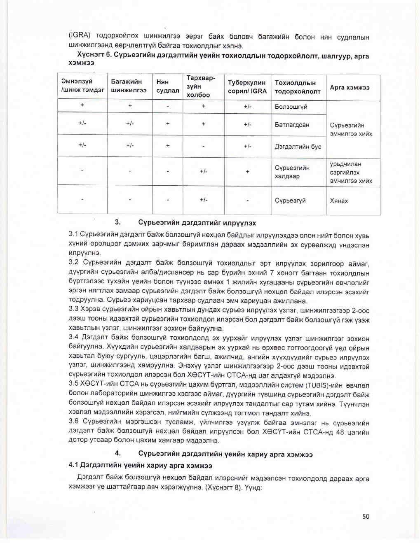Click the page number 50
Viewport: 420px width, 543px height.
pos(366,516)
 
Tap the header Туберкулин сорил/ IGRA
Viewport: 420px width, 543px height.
pos(247,87)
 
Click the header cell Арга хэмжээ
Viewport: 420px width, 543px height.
pos(350,87)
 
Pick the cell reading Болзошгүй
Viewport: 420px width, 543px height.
pos(291,107)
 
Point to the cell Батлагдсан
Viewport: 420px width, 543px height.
pos(292,124)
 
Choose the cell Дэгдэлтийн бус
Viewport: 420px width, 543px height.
pos(298,147)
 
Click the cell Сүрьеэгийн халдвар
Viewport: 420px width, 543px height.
pos(292,172)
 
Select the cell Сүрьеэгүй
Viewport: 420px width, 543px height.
pos(290,200)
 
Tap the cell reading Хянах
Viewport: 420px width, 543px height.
pos(339,201)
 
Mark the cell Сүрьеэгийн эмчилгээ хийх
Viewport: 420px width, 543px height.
pos(351,129)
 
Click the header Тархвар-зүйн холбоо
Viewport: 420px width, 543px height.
pos(201,86)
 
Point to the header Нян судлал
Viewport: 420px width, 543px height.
pos(167,86)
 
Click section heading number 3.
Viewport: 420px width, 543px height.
pos(117,222)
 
